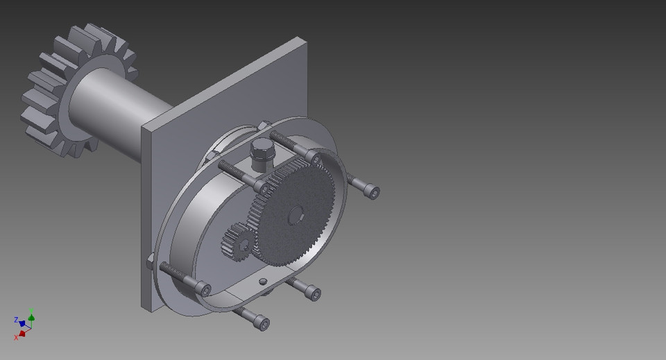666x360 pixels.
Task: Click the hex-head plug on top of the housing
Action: [x=262, y=151]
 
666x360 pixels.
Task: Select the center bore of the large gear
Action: [x=296, y=215]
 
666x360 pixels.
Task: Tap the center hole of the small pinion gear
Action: [x=243, y=243]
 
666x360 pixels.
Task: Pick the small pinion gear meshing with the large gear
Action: [x=236, y=245]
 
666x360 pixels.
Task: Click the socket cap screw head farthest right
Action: [x=373, y=191]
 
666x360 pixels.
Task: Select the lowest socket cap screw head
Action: [x=262, y=323]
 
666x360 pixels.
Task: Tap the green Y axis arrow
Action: [x=31, y=318]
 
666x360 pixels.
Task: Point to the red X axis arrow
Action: [x=22, y=333]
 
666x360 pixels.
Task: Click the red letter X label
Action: [x=16, y=338]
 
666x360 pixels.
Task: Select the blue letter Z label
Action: [x=15, y=320]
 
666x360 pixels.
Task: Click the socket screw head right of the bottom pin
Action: [x=314, y=294]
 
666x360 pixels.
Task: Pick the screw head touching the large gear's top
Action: [x=316, y=160]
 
